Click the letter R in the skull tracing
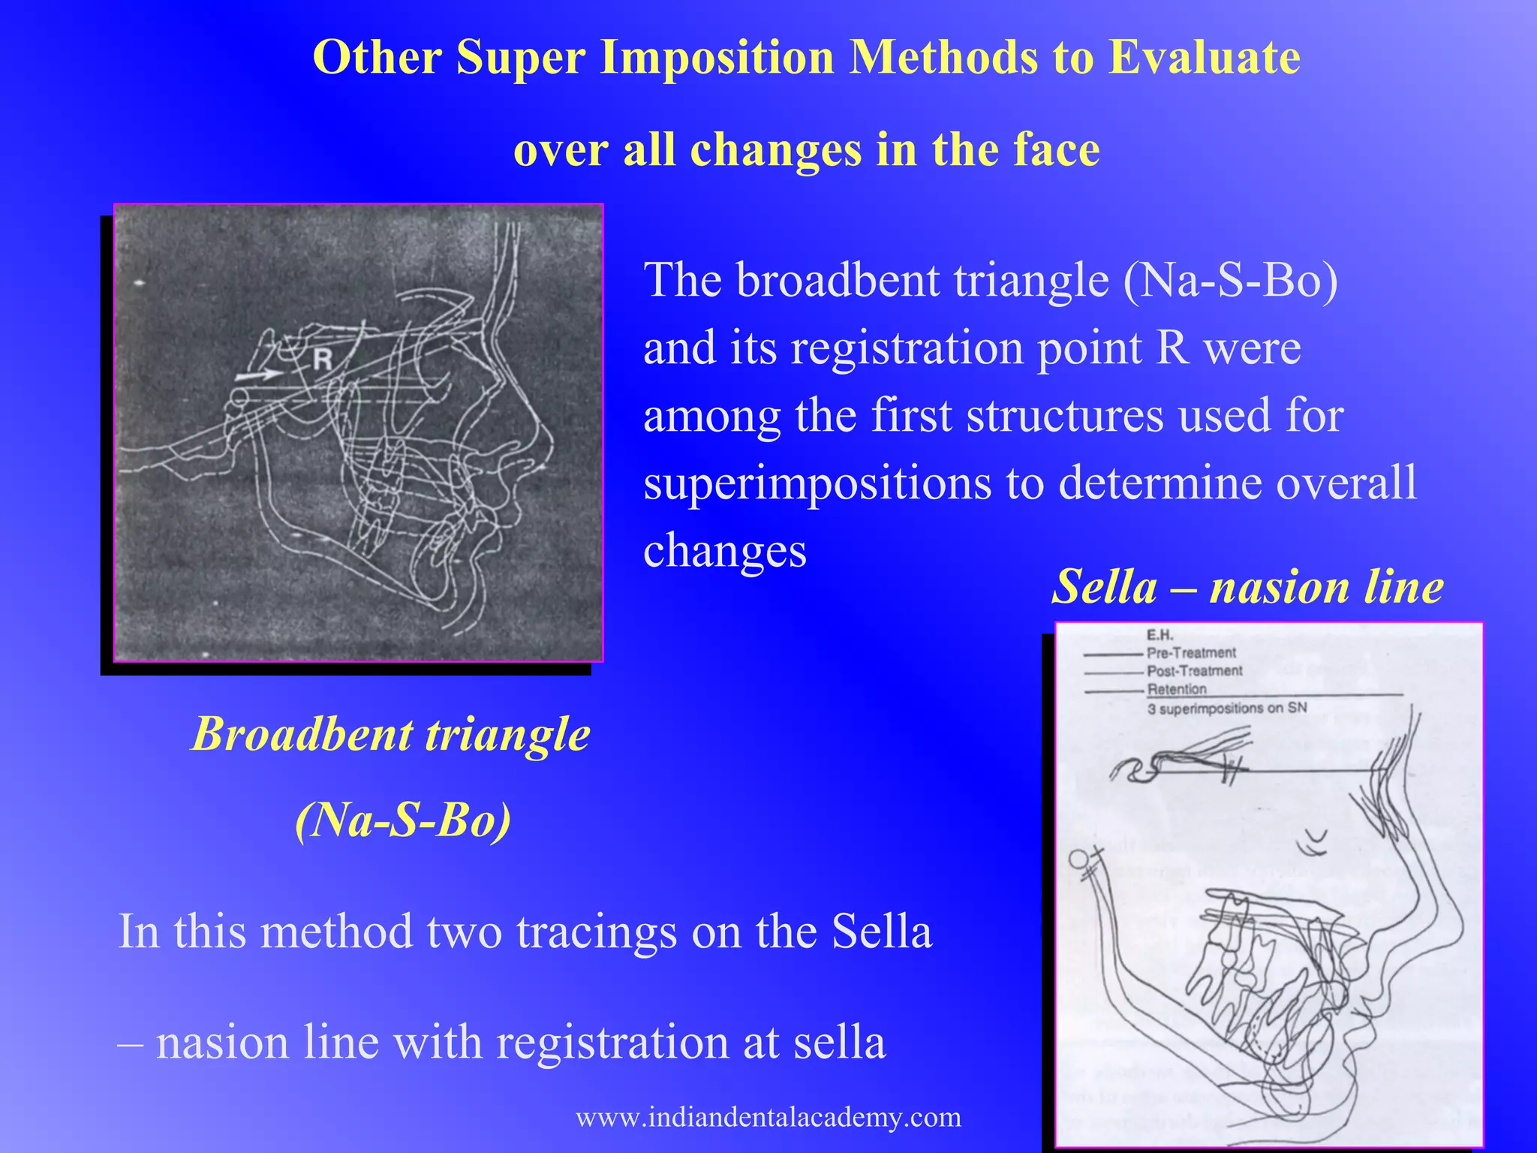point(323,360)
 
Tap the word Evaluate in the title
point(1205,57)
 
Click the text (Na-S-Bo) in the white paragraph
point(1231,280)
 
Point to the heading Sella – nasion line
point(1247,586)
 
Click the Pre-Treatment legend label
point(1191,652)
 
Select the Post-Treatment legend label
point(1195,670)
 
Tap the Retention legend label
point(1177,688)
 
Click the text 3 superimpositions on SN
point(1227,708)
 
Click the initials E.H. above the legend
point(1160,635)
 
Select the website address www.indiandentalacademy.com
point(768,1117)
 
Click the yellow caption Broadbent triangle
point(391,733)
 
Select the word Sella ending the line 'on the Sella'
point(881,931)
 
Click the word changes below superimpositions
point(725,550)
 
